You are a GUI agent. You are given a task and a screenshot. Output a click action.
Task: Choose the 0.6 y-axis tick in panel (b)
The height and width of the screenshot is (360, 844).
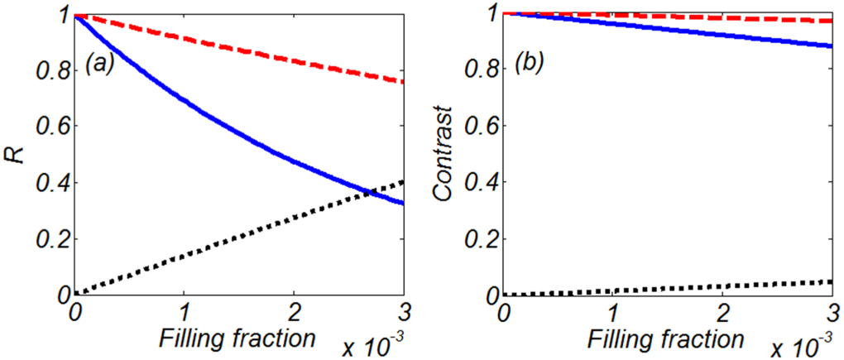478,127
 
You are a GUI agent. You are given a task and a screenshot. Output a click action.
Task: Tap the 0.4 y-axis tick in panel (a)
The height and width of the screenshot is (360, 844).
50,183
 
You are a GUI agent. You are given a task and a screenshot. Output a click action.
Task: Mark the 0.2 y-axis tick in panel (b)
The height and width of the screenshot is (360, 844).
478,238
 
